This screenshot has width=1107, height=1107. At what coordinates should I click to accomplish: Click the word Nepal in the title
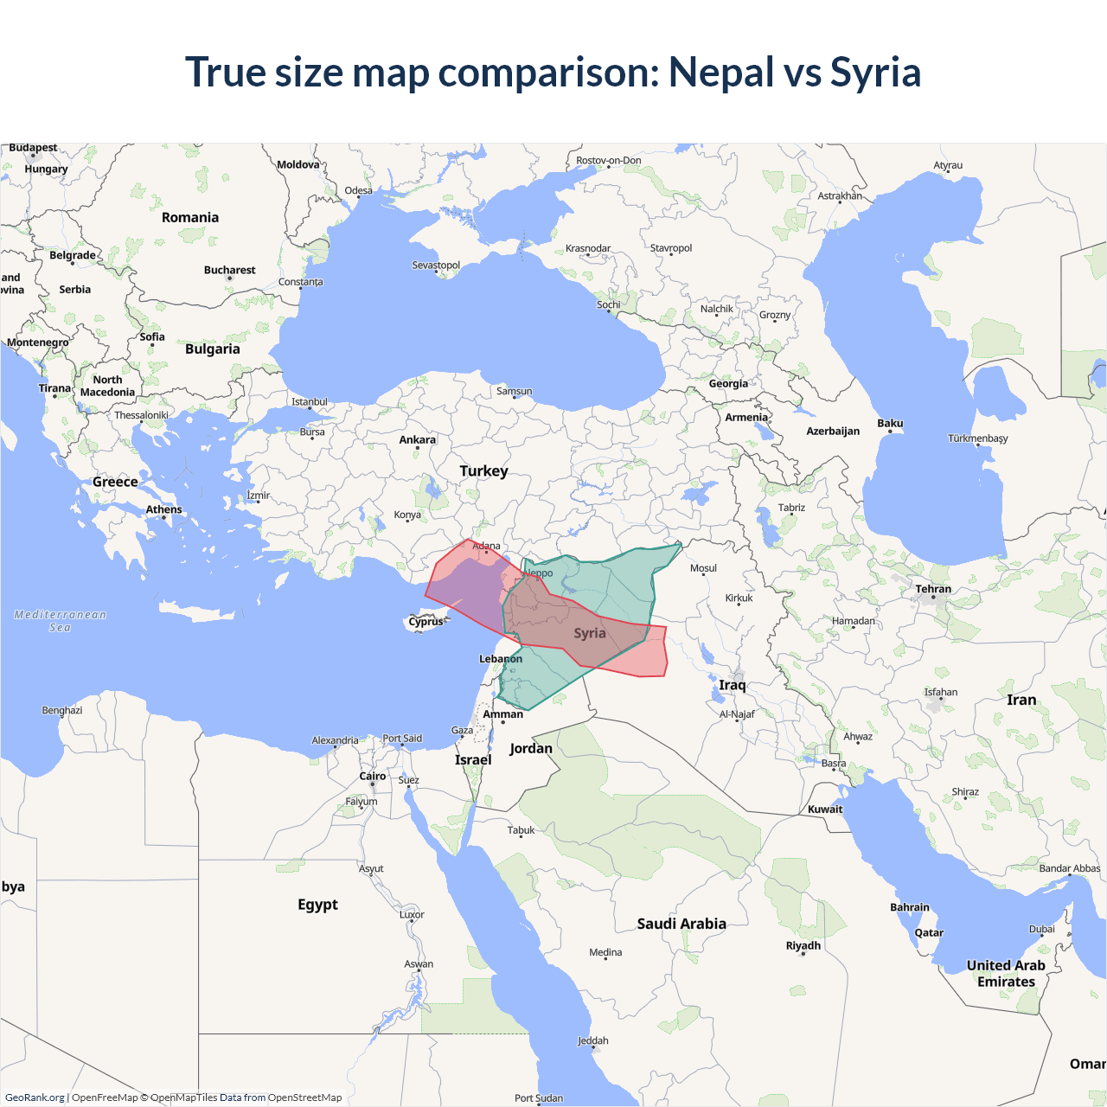click(x=721, y=73)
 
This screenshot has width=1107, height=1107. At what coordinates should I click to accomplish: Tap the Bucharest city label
click(x=229, y=270)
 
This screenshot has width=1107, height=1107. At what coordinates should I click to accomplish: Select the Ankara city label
click(x=417, y=439)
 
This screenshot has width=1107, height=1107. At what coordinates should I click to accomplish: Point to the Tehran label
click(x=933, y=589)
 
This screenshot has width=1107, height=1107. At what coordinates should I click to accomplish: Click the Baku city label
click(x=890, y=423)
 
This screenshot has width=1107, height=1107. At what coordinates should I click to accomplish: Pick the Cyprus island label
click(x=426, y=621)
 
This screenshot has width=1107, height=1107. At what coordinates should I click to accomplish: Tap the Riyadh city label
click(x=803, y=945)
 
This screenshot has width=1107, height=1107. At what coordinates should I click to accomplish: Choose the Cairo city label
click(x=373, y=776)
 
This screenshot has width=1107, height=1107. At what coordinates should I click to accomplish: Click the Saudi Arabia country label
click(x=681, y=924)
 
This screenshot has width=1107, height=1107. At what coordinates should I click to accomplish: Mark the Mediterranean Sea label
click(x=60, y=621)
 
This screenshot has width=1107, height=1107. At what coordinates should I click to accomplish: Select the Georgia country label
click(x=728, y=383)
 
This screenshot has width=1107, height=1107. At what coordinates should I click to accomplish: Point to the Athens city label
click(x=163, y=509)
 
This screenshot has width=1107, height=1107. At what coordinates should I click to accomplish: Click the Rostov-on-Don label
click(x=609, y=160)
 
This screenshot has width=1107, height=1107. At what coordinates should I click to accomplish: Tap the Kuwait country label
click(x=825, y=809)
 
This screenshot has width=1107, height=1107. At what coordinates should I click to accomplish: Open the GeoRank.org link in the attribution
click(x=35, y=1097)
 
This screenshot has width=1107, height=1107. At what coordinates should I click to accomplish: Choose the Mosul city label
click(x=703, y=568)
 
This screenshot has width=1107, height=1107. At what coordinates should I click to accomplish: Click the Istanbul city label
click(x=310, y=401)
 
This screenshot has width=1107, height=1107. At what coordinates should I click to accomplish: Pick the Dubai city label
click(x=1041, y=929)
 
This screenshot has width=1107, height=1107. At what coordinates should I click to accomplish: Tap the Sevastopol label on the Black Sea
click(x=436, y=265)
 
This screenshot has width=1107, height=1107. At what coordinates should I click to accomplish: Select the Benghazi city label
click(x=62, y=710)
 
